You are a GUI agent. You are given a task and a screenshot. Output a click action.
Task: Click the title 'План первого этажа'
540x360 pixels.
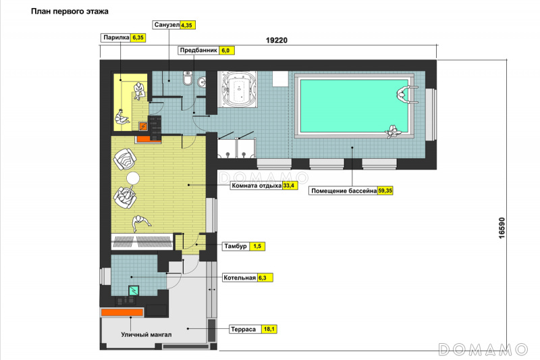pyautogui.click(x=70, y=11)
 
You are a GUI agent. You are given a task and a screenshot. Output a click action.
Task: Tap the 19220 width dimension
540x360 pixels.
pyautogui.click(x=277, y=41)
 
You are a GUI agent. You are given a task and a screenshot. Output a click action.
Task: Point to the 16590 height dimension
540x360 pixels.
pyautogui.click(x=502, y=228)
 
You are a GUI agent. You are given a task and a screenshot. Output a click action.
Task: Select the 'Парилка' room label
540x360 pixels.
pyautogui.click(x=116, y=38)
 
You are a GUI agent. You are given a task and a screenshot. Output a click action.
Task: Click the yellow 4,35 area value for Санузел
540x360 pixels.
pyautogui.click(x=187, y=25)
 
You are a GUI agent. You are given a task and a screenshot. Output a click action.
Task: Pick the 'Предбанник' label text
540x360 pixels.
pyautogui.click(x=198, y=50)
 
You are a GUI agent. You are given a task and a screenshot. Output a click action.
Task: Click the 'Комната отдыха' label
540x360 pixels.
pyautogui.click(x=256, y=186)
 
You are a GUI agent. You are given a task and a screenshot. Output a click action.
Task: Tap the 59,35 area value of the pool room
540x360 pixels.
pyautogui.click(x=385, y=190)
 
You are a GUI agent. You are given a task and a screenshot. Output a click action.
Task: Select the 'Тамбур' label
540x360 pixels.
pyautogui.click(x=236, y=247)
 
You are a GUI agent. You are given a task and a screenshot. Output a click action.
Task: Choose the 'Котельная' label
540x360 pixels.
pyautogui.click(x=240, y=278)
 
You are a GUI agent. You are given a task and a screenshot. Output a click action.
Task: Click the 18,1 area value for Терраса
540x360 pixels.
pyautogui.click(x=269, y=330)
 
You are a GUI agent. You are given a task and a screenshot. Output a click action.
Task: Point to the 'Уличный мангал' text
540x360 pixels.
pyautogui.click(x=146, y=334)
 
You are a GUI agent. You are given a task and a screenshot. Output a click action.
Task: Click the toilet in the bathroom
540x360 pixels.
pyautogui.click(x=188, y=78)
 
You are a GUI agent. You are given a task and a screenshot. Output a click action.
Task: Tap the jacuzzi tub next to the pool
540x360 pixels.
pyautogui.click(x=237, y=88)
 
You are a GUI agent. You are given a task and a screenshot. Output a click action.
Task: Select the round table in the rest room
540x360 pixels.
pyautogui.click(x=133, y=178)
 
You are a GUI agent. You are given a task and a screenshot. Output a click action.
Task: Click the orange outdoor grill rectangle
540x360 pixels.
pyautogui.click(x=122, y=313)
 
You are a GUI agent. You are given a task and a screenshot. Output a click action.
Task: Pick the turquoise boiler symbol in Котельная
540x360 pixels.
pyautogui.click(x=134, y=290)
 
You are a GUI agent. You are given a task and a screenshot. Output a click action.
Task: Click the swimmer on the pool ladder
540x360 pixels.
pyautogui.click(x=403, y=94)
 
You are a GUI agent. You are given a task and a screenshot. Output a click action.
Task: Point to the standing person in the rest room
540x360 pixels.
pyautogui.click(x=140, y=223)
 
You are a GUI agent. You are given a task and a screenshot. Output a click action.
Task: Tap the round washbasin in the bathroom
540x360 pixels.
pyautogui.click(x=202, y=82)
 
